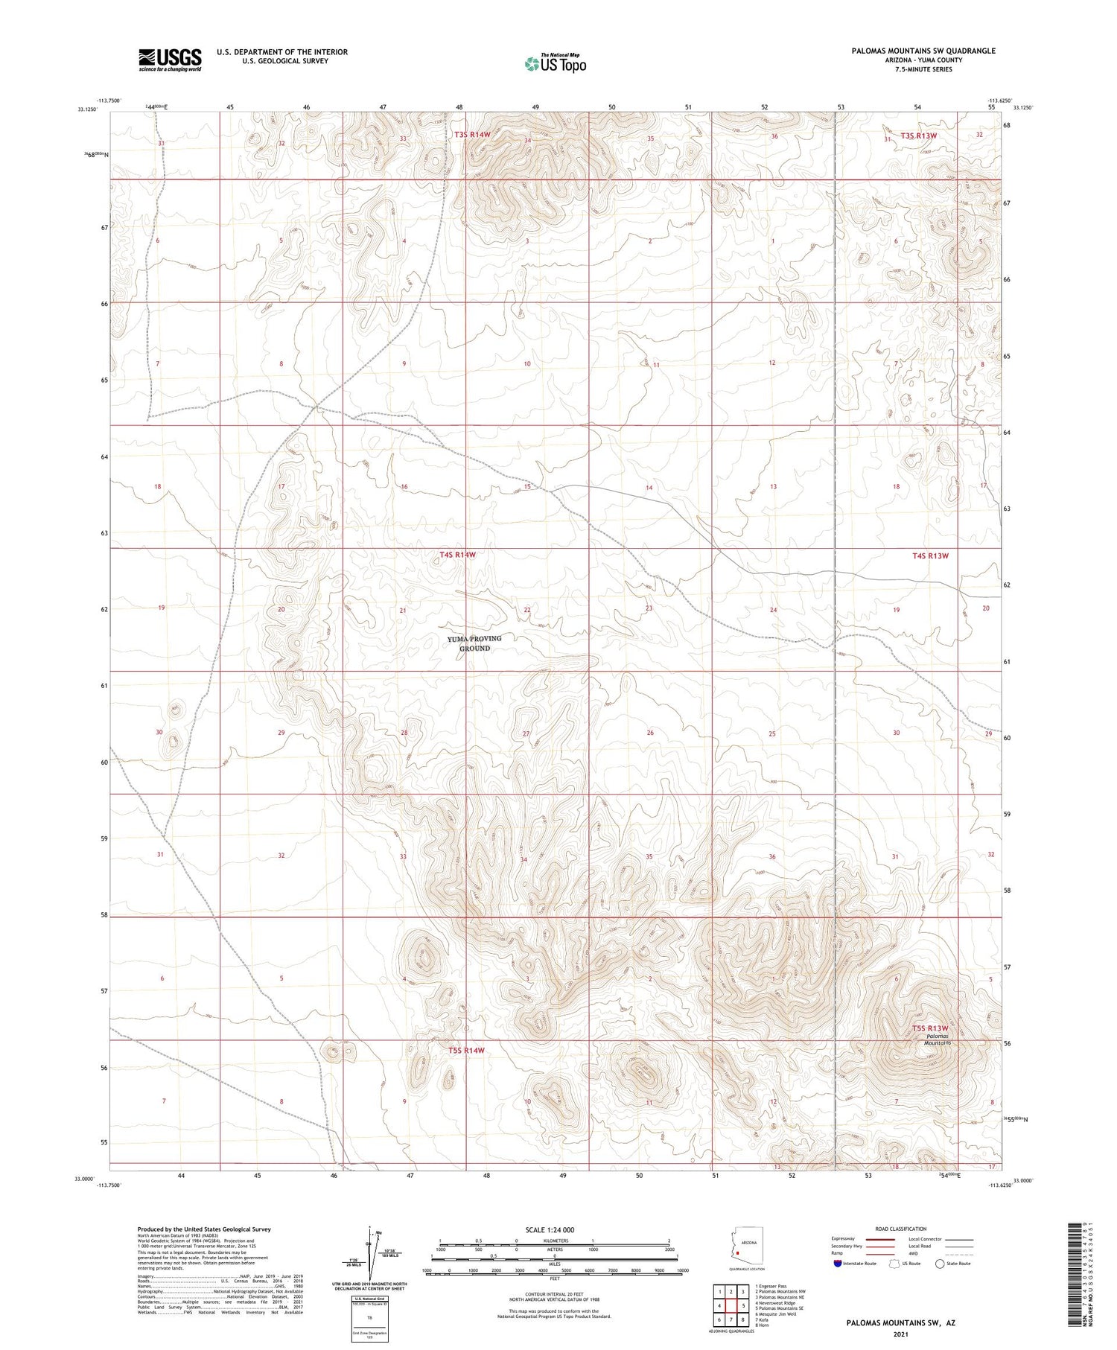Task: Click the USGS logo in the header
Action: click(x=170, y=60)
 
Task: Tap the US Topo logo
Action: click(x=556, y=64)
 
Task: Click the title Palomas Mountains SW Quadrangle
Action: click(x=923, y=51)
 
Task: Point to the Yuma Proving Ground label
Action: click(x=474, y=643)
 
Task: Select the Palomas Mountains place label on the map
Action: click(x=938, y=1039)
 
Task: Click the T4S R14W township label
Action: click(x=457, y=555)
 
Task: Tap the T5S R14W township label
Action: click(x=466, y=1050)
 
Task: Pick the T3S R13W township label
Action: click(x=918, y=136)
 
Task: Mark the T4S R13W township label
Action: click(x=930, y=555)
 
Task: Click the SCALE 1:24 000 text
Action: click(x=550, y=1229)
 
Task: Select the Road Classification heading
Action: click(x=901, y=1229)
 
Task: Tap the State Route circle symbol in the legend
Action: click(x=941, y=1264)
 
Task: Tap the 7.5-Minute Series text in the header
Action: click(x=923, y=69)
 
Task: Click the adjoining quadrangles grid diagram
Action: click(x=732, y=1305)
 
